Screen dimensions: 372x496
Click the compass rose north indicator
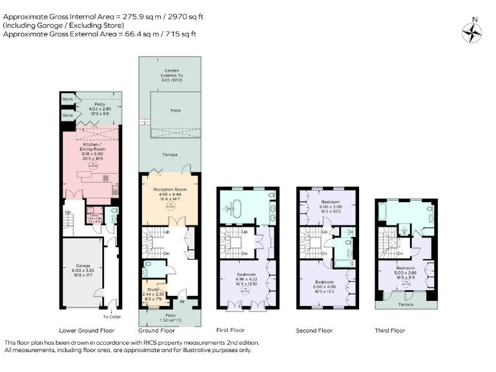(473, 31)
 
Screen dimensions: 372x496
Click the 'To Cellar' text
(111, 316)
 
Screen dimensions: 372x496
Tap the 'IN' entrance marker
(181, 301)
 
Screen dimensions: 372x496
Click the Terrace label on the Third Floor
(405, 303)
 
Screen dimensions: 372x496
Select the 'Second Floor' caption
(315, 330)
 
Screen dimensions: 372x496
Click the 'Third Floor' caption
(390, 330)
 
